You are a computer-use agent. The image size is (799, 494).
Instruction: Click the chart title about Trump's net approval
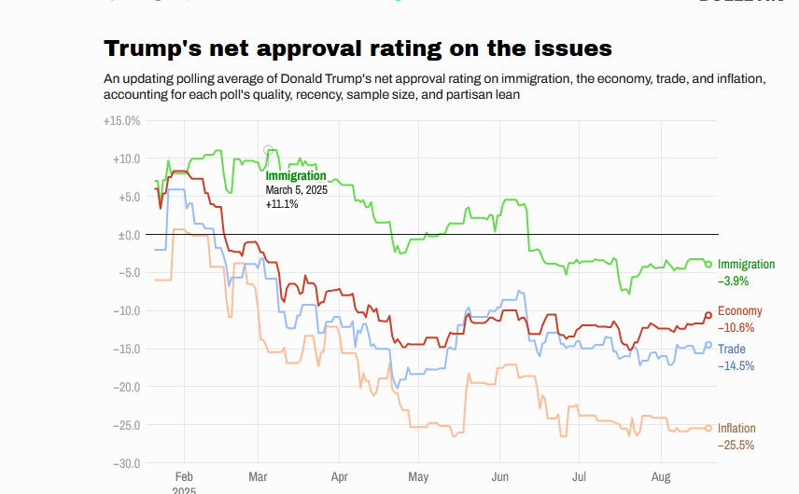(357, 48)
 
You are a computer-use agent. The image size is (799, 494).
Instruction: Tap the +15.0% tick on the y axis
(122, 120)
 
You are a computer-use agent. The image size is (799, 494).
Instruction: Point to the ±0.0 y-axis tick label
(128, 235)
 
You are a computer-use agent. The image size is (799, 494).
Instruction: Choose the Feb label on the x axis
(184, 475)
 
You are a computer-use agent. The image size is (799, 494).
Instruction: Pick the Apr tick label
(339, 475)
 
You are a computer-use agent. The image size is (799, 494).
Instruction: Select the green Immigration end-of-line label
(747, 265)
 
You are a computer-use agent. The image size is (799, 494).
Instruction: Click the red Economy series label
(740, 311)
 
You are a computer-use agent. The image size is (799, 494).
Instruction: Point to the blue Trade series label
(732, 350)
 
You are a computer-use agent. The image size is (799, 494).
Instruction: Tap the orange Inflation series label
(736, 429)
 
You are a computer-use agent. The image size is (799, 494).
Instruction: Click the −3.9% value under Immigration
(733, 281)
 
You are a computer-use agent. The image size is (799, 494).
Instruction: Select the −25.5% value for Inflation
(736, 445)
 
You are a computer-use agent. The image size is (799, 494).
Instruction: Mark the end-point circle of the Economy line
(708, 315)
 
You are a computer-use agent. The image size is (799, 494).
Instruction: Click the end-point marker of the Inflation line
(708, 428)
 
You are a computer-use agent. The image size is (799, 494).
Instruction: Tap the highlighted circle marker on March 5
(269, 150)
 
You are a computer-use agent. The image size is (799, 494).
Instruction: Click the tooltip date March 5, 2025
(297, 190)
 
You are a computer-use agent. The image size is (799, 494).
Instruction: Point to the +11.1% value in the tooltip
(282, 204)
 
